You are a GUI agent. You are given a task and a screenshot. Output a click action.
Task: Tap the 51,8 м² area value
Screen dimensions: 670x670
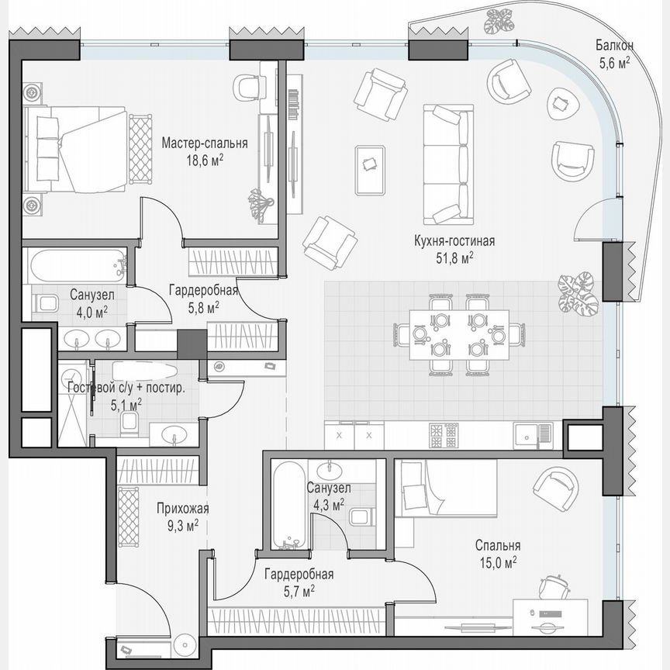click(454, 257)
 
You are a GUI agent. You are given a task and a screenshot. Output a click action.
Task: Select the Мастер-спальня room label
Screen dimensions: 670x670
click(205, 143)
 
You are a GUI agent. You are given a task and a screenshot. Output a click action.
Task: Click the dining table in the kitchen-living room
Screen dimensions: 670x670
click(460, 333)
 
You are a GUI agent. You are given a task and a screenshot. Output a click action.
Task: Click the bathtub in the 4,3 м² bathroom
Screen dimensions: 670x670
click(288, 505)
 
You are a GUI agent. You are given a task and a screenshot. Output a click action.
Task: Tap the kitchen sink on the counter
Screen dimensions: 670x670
click(534, 433)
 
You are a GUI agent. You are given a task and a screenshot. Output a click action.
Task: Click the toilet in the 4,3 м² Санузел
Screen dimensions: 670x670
click(359, 516)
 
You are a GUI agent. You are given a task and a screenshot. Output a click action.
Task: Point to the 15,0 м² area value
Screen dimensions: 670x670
click(497, 561)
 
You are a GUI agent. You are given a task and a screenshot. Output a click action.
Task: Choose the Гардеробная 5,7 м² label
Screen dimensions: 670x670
click(299, 575)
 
